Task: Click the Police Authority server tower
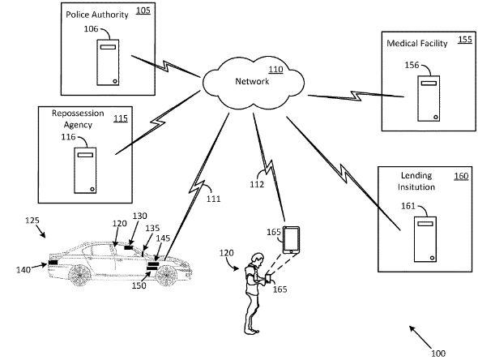(108, 62)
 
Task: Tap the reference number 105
(143, 11)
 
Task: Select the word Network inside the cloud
(252, 81)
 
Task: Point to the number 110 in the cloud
(275, 70)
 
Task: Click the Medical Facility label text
(416, 43)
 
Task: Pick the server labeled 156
(429, 98)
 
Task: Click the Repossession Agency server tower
(85, 170)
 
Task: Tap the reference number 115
(121, 118)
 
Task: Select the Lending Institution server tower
(425, 239)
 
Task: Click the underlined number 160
(461, 176)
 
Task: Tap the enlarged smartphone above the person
(291, 240)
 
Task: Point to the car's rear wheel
(79, 275)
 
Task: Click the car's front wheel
(166, 276)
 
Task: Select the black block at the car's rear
(53, 263)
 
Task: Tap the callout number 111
(213, 199)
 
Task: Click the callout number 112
(257, 185)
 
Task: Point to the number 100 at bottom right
(438, 354)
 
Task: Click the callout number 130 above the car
(139, 216)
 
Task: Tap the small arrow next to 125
(41, 232)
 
